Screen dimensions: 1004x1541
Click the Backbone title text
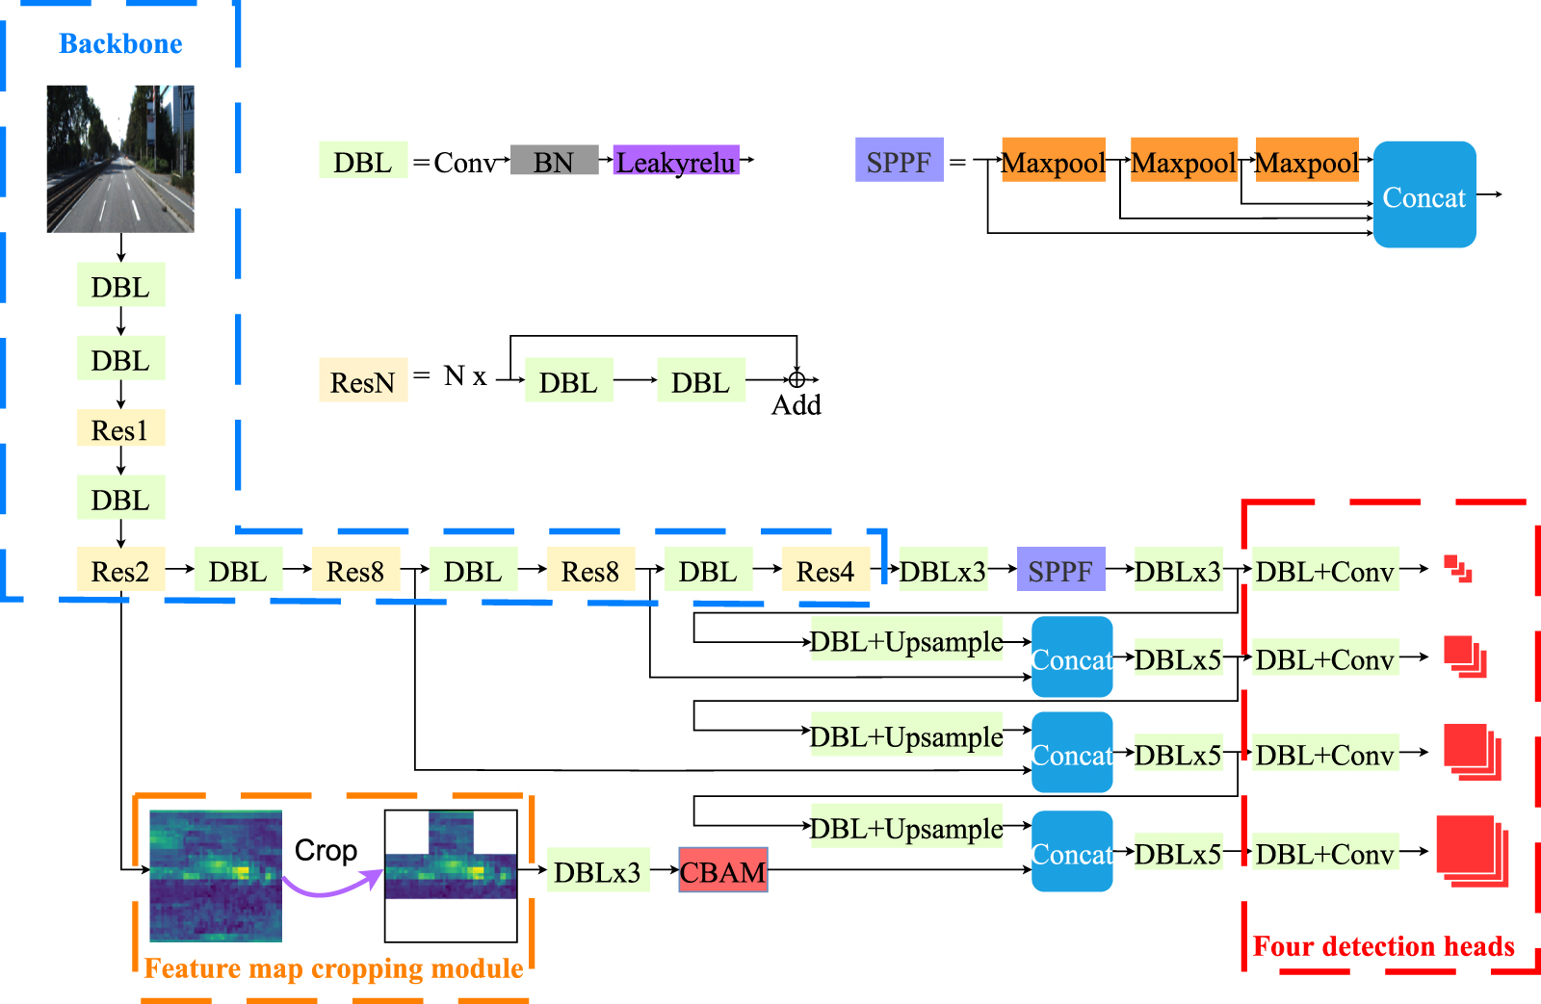click(120, 44)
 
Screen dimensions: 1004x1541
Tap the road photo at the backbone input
click(120, 159)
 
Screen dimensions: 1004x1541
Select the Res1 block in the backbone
click(120, 429)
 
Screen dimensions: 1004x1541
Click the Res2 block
click(120, 571)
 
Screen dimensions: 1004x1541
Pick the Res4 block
click(825, 571)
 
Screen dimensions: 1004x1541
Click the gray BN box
click(554, 162)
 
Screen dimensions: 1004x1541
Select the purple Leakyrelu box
click(676, 162)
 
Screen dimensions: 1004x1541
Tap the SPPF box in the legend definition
click(899, 161)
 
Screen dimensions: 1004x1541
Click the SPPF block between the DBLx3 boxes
click(1060, 571)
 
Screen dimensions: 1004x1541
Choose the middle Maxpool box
click(1183, 161)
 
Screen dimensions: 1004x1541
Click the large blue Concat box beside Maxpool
click(1423, 195)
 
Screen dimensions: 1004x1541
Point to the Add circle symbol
click(797, 380)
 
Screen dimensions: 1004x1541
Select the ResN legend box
click(363, 381)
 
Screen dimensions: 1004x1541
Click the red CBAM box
click(722, 871)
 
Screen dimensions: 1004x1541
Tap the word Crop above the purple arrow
click(326, 850)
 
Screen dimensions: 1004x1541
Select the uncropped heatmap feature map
click(216, 876)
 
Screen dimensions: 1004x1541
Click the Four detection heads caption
click(1383, 946)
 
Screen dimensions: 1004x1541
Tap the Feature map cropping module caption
click(333, 968)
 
